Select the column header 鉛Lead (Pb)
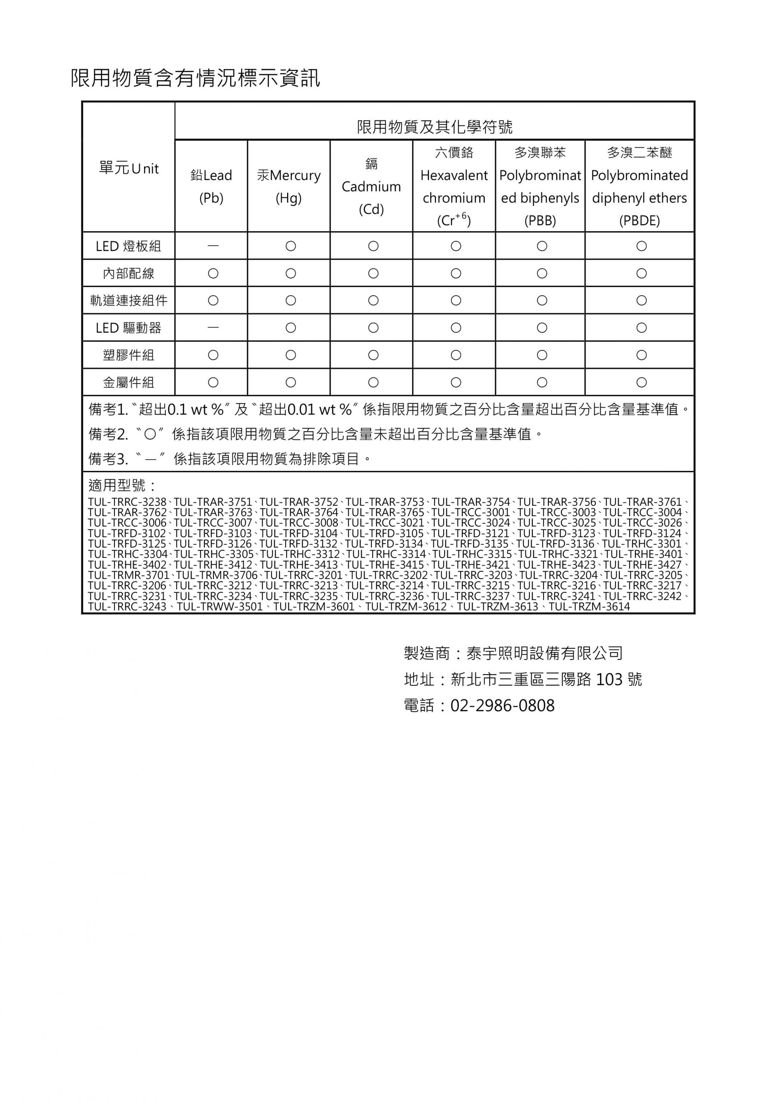[211, 186]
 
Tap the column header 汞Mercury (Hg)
[288, 186]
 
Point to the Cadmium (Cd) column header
[371, 186]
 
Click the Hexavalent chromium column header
[454, 186]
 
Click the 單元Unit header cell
[129, 168]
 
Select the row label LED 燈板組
[129, 246]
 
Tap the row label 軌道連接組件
[129, 300]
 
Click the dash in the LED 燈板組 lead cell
[213, 246]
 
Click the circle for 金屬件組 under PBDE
[641, 383]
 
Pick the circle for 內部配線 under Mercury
[291, 274]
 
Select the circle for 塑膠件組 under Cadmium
[373, 355]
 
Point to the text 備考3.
[108, 459]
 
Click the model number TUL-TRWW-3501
[220, 607]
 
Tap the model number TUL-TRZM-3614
[589, 607]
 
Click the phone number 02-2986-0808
[502, 706]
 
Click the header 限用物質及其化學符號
[434, 127]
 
